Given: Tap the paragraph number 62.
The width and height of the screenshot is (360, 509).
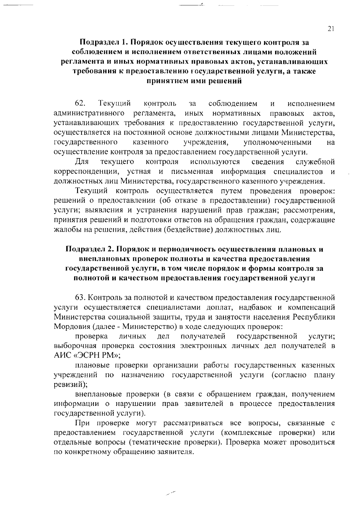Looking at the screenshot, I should click(x=80, y=104).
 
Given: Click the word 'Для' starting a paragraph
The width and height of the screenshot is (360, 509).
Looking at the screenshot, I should click(x=82, y=162).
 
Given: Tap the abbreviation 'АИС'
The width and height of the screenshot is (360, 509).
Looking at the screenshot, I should click(x=62, y=356).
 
